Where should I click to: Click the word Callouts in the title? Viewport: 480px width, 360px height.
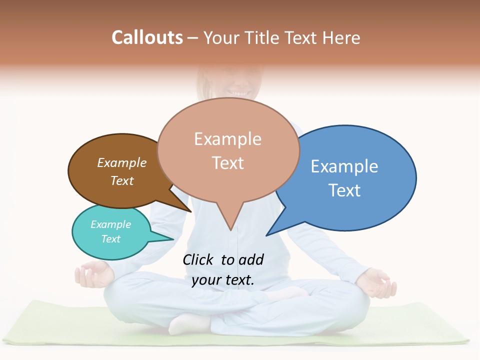(x=147, y=37)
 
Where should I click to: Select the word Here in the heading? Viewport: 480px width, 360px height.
(x=340, y=37)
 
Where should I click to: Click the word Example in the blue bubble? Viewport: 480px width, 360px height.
(x=344, y=166)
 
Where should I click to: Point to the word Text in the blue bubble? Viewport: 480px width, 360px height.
(x=344, y=190)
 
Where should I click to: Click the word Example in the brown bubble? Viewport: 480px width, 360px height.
(x=122, y=163)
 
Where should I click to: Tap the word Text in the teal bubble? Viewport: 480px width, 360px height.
(x=111, y=239)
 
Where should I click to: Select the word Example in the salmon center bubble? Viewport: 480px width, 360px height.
(x=227, y=139)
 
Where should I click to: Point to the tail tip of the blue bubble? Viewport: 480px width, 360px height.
(x=268, y=233)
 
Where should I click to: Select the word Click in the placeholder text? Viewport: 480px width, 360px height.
(x=198, y=260)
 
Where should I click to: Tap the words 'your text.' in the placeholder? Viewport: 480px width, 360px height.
(x=223, y=280)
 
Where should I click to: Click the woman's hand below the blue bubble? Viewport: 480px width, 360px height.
(x=377, y=282)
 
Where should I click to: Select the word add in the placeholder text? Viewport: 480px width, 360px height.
(x=251, y=260)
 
